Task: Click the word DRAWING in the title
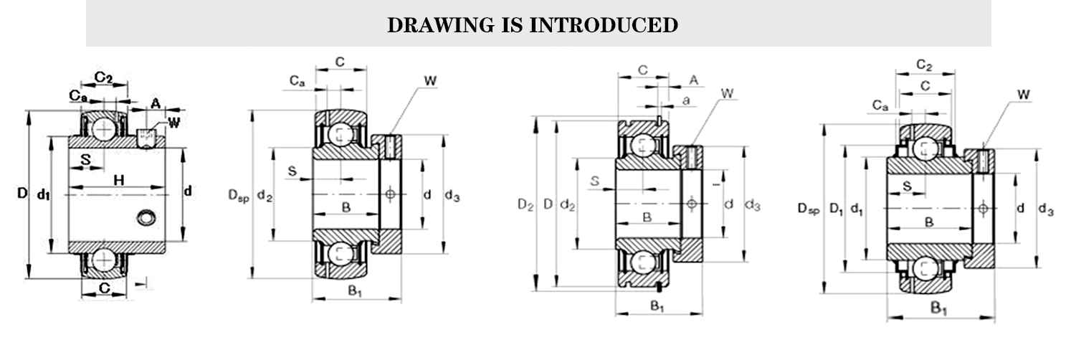(x=432, y=26)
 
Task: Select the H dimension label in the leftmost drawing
(x=119, y=180)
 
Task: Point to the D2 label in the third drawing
(x=525, y=205)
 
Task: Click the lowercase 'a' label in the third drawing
(x=686, y=100)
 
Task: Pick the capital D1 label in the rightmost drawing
(x=835, y=209)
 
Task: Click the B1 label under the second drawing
(x=356, y=290)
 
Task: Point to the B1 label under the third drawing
(x=657, y=306)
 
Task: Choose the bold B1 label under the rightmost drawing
(x=939, y=309)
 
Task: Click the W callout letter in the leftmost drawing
(x=173, y=122)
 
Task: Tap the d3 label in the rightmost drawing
(x=1046, y=209)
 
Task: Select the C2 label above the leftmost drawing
(x=103, y=77)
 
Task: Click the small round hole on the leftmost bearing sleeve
(x=147, y=216)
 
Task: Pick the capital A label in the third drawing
(x=693, y=80)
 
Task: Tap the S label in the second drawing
(x=292, y=171)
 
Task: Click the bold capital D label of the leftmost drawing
(x=22, y=192)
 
